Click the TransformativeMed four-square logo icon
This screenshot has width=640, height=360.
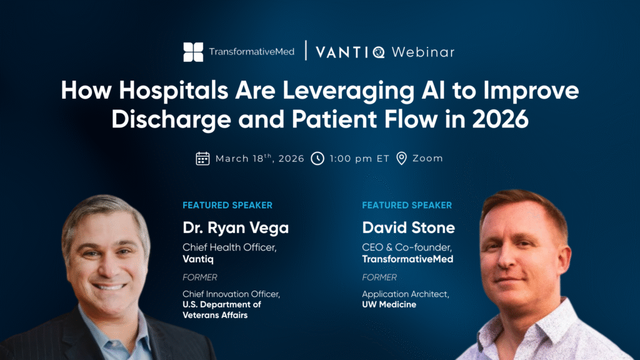(193, 52)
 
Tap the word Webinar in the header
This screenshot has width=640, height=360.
(423, 52)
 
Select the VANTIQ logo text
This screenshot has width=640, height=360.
(350, 52)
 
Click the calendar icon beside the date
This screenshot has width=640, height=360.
(202, 158)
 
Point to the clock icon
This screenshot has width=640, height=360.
(317, 158)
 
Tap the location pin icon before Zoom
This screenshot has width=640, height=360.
(402, 158)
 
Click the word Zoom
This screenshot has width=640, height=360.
(427, 158)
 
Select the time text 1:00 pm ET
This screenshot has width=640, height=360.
(359, 158)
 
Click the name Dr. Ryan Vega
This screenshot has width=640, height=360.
(236, 227)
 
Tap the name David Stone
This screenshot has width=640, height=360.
(408, 227)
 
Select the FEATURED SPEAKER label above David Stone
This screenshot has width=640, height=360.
(407, 205)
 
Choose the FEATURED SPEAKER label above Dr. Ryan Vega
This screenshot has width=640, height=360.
(227, 205)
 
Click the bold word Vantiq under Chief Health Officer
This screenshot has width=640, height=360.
(198, 259)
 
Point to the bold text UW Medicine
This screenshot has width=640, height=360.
(389, 304)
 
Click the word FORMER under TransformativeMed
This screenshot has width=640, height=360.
(379, 277)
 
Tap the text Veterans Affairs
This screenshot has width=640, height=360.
(215, 315)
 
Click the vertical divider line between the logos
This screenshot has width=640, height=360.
(306, 51)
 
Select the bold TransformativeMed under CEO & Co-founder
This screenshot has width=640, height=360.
(407, 259)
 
